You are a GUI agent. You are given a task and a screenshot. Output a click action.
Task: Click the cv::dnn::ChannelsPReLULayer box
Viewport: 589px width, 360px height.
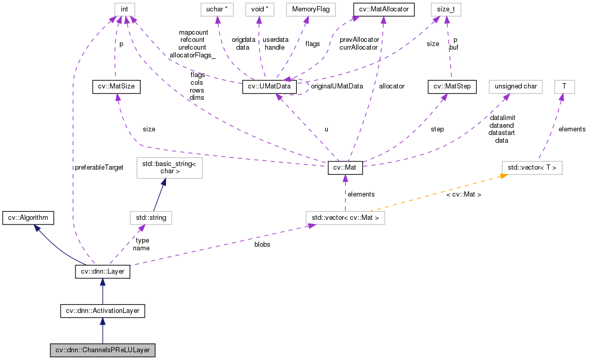102,350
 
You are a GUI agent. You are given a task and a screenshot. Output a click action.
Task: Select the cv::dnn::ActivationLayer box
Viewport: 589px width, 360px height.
102,311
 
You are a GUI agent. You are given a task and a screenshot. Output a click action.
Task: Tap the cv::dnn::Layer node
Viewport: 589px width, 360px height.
102,272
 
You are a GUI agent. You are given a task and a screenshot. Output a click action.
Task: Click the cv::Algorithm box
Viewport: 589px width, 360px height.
28,218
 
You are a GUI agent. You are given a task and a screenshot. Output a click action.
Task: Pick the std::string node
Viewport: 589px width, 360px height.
150,218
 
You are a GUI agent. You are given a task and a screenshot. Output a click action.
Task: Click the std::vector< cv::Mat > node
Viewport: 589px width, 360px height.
345,218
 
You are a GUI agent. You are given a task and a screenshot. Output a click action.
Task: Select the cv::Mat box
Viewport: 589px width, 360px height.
345,168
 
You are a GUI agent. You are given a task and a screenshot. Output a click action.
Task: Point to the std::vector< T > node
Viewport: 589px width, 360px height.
532,168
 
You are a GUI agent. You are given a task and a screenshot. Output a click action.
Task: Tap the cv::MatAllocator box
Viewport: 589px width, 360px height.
383,9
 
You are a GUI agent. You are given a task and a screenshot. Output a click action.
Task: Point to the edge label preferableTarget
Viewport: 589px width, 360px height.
99,168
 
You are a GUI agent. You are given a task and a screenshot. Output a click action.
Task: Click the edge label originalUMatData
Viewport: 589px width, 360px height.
336,86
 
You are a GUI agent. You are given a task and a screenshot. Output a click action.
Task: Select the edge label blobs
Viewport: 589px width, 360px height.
262,244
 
